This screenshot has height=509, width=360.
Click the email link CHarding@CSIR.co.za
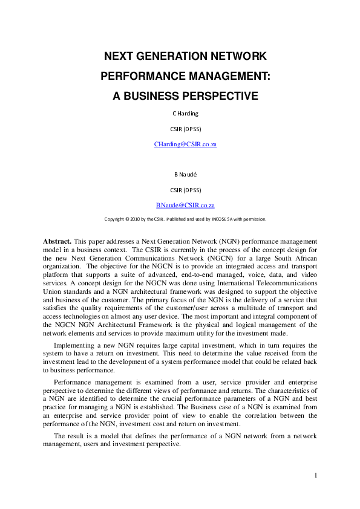185,144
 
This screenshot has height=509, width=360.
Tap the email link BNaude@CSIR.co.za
185,206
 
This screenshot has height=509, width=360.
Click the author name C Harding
185,113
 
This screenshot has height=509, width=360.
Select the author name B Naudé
185,174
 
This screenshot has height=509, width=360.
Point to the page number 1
315,475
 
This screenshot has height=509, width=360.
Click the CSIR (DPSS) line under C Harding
185,128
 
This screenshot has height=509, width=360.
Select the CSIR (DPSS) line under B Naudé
185,190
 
